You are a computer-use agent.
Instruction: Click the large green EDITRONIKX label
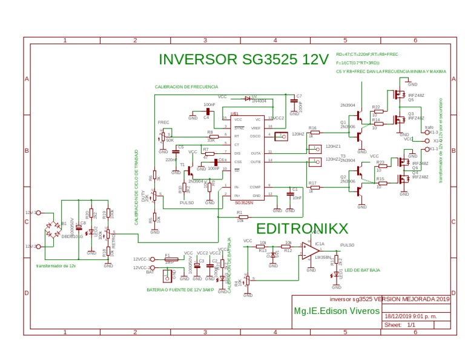point(302,228)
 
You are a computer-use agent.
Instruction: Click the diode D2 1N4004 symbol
point(247,98)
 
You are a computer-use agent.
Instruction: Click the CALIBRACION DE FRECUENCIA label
point(186,87)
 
